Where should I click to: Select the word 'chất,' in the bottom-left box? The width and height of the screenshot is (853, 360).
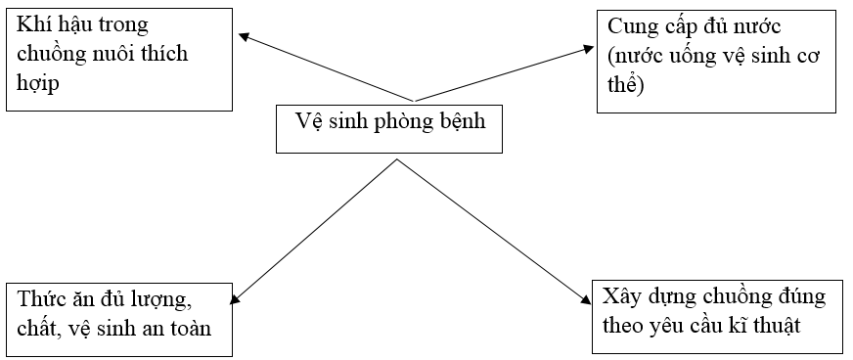40,328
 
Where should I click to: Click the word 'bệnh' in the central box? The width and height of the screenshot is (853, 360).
459,121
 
